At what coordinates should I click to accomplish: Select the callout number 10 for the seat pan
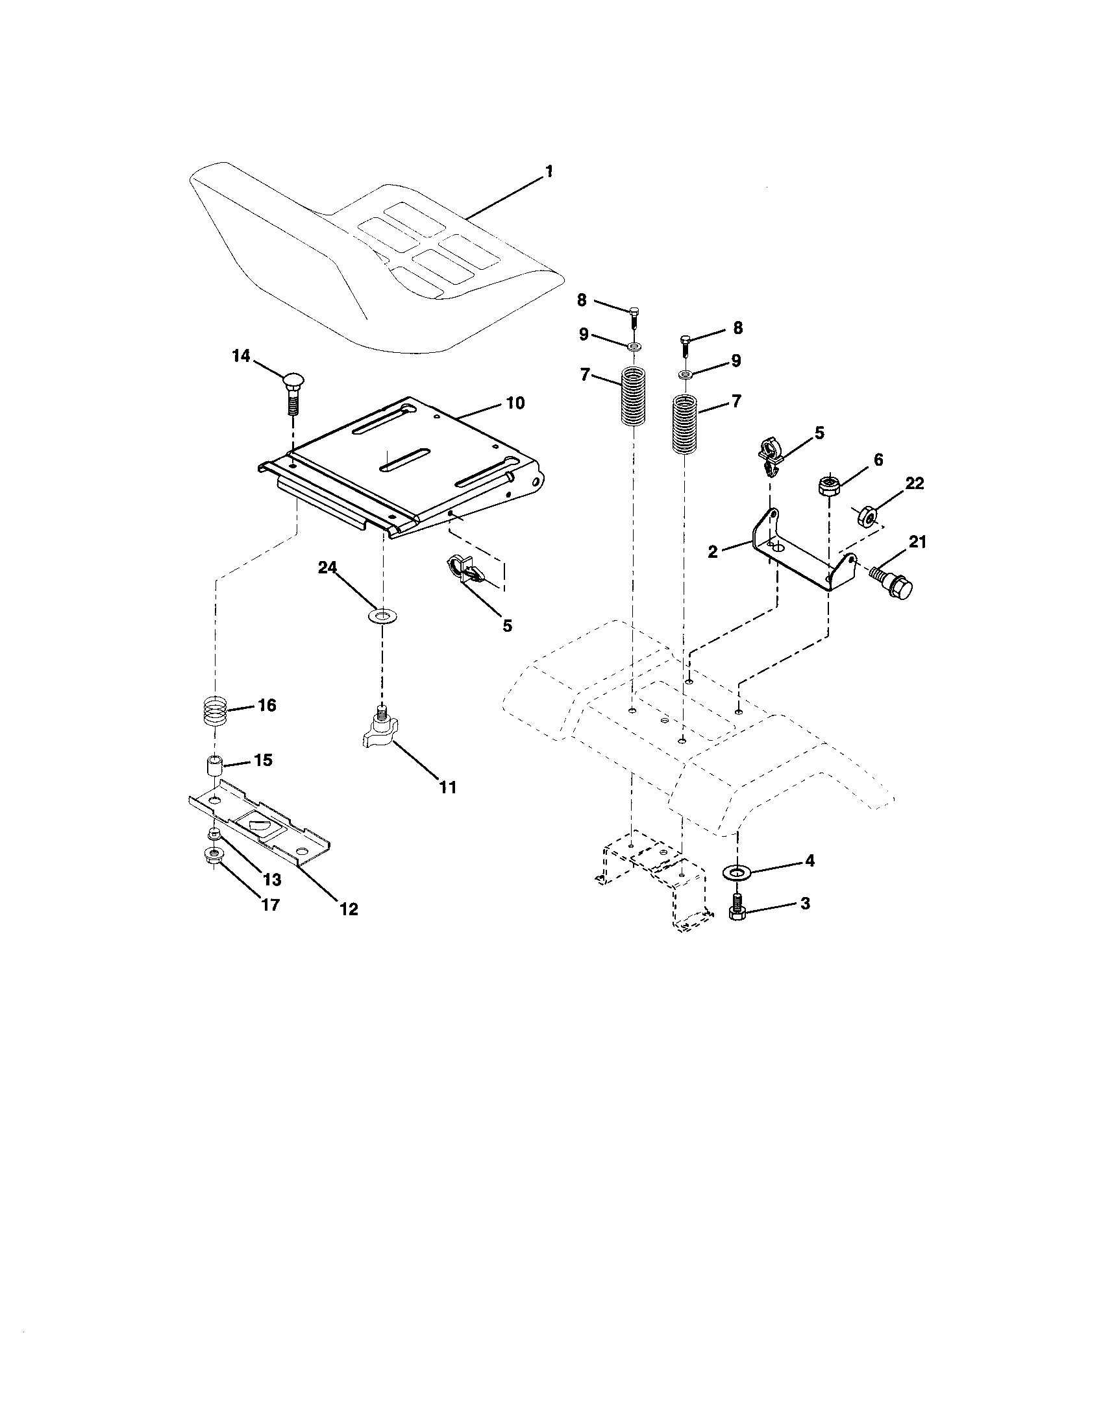click(515, 403)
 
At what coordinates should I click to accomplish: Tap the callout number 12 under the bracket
click(349, 909)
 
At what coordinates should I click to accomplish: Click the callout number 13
click(272, 880)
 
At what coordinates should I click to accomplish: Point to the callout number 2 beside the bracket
click(713, 551)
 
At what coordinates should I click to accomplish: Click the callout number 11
click(447, 787)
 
